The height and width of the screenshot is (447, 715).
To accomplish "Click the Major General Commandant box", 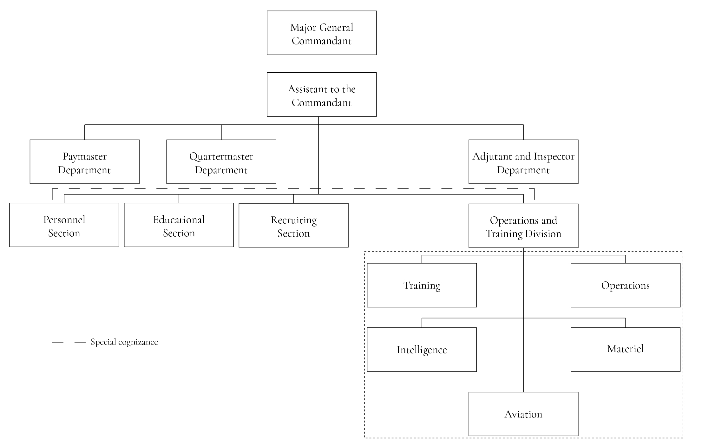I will (x=321, y=33).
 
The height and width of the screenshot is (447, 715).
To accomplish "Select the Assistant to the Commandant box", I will (x=321, y=95).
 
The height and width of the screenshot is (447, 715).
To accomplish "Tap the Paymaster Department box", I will (x=84, y=162).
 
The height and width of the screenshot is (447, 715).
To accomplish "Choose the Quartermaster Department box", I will (x=221, y=162).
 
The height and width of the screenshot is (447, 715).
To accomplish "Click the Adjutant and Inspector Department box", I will (x=523, y=162).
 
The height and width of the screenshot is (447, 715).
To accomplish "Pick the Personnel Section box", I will (x=64, y=225).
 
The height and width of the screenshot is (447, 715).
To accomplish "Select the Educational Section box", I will (x=179, y=225).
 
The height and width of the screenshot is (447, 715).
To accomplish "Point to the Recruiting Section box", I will (x=293, y=225).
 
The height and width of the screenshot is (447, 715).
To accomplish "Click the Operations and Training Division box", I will (x=523, y=226).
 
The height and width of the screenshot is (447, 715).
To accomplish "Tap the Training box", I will (x=422, y=285).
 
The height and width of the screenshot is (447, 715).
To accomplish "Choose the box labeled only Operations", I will (x=625, y=285).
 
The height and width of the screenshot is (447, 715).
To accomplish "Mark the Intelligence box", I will (x=422, y=350).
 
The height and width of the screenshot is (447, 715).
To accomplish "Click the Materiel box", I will (x=625, y=350).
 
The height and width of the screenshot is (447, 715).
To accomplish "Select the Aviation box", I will (x=523, y=414).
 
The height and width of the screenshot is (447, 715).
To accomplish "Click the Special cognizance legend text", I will (x=124, y=342).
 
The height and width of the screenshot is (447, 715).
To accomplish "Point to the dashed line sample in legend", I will (x=69, y=342).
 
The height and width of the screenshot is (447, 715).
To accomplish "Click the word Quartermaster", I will (x=221, y=156).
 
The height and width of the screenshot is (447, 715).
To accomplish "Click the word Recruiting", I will (x=294, y=220).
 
